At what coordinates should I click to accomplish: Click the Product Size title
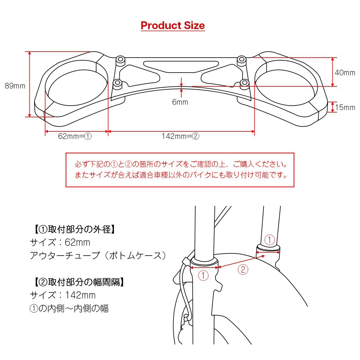tap(172, 25)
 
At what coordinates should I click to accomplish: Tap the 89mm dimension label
tap(15, 86)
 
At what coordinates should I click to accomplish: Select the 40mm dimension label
tap(345, 73)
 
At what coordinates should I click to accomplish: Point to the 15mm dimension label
tap(345, 107)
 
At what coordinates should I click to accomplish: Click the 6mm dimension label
tap(180, 102)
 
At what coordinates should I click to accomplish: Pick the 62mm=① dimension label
tap(75, 136)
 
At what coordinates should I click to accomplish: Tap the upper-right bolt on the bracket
tap(241, 59)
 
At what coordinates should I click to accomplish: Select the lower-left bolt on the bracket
tap(118, 83)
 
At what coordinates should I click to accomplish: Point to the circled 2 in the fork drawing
tap(243, 269)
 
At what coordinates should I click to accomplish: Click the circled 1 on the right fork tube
tap(269, 240)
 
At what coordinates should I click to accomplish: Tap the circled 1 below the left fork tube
tap(203, 275)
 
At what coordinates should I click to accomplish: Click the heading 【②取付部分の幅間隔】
tap(77, 282)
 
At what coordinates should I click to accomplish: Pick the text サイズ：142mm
tap(63, 295)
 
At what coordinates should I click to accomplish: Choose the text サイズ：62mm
tap(60, 242)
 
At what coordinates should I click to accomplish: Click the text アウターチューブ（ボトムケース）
tap(98, 256)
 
